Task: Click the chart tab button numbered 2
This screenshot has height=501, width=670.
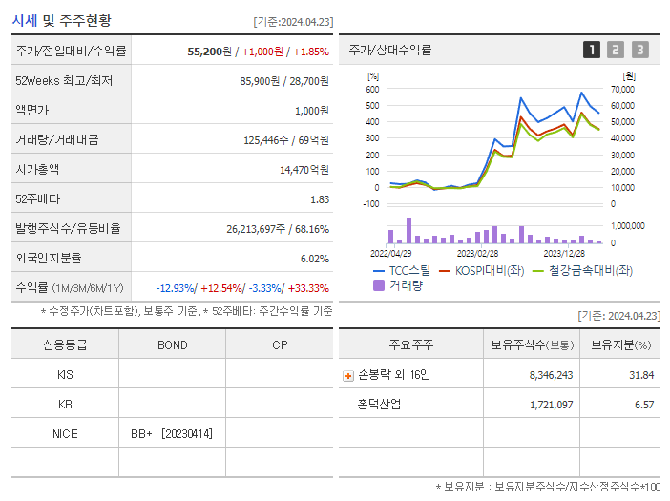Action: point(616,50)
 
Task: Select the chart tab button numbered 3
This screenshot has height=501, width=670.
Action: point(639,50)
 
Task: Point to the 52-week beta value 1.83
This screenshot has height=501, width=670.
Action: point(320,198)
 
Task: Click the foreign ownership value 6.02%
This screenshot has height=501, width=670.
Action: point(314,258)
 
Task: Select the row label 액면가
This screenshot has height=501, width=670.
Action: point(31,110)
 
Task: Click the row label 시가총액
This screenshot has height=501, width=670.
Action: point(37,169)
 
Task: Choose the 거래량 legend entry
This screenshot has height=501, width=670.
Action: point(405,284)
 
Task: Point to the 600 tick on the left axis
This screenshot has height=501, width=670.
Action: point(372,89)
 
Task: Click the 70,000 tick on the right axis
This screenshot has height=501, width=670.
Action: point(621,89)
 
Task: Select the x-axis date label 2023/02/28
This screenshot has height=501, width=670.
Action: point(477,254)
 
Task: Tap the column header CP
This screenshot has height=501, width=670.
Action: point(279,344)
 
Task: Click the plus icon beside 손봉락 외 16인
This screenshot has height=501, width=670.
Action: point(348,375)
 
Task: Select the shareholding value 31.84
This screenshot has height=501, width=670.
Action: point(641,375)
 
